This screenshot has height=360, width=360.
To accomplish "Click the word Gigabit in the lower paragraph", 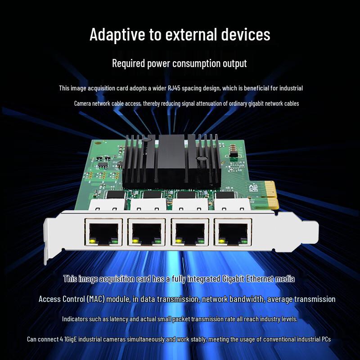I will click(x=234, y=279).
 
